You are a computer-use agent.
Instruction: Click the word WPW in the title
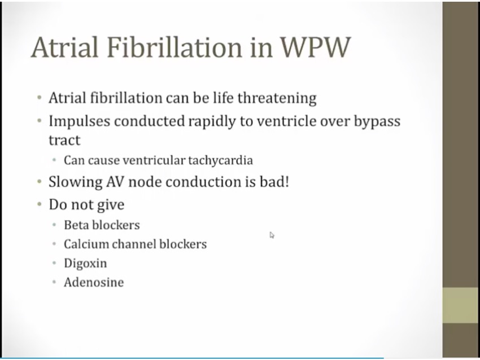click(x=315, y=47)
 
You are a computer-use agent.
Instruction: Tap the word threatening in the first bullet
click(x=277, y=98)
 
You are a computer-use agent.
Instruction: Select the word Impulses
click(x=80, y=121)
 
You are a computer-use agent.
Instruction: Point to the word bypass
click(x=377, y=121)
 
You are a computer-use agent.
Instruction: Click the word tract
click(x=64, y=141)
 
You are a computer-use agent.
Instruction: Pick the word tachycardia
click(x=220, y=161)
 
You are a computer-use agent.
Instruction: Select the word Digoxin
click(x=85, y=264)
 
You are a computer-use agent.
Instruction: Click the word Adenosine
click(x=94, y=282)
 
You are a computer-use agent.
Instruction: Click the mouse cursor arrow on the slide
click(x=272, y=235)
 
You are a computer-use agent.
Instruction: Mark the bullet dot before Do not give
click(x=39, y=204)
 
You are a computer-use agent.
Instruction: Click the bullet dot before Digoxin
click(x=54, y=263)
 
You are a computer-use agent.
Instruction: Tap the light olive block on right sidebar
click(x=461, y=305)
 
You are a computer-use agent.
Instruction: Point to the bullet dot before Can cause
click(x=54, y=160)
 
